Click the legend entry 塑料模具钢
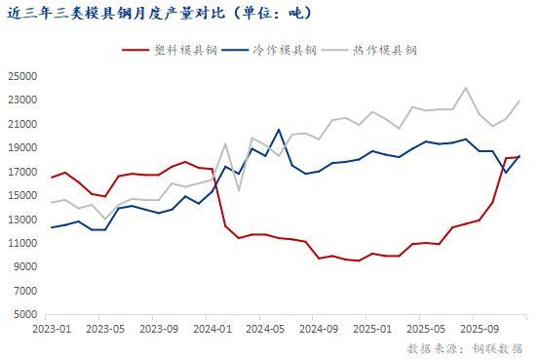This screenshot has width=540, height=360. [178, 50]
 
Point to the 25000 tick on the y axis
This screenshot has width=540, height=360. [23, 76]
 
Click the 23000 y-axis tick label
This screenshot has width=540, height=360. [23, 100]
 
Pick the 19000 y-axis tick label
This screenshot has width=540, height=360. [23, 147]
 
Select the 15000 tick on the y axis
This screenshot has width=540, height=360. [23, 195]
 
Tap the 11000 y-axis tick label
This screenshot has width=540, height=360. [23, 243]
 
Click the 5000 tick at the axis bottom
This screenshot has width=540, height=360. [26, 314]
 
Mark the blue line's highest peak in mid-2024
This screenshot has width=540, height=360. [279, 129]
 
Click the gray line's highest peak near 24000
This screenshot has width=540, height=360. [466, 88]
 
